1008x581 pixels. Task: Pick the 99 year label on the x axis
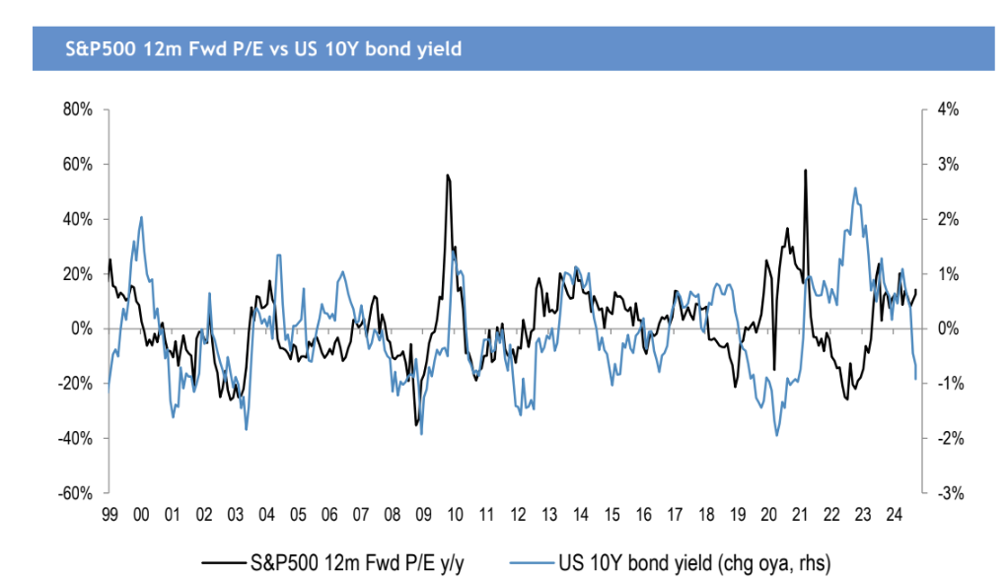click(109, 514)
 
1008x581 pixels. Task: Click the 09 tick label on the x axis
click(423, 514)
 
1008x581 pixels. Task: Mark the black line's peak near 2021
click(806, 170)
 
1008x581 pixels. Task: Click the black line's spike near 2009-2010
click(448, 176)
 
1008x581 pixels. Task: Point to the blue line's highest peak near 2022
click(854, 188)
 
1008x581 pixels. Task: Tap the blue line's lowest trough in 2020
click(777, 435)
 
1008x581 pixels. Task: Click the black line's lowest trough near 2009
click(416, 425)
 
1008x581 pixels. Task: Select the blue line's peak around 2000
click(141, 217)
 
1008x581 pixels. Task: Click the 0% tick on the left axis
click(84, 328)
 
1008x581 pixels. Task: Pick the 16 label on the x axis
click(643, 514)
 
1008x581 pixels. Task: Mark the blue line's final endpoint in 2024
click(916, 379)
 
